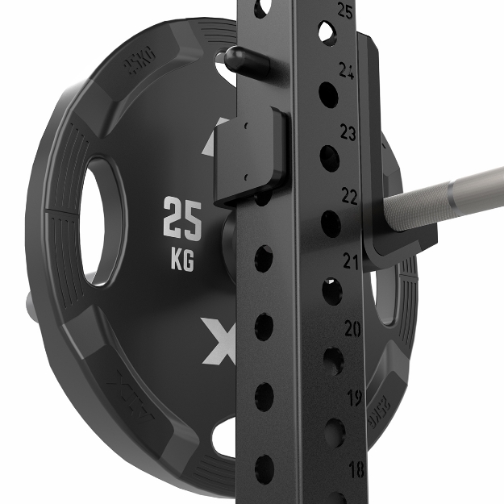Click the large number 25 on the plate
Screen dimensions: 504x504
(182, 218)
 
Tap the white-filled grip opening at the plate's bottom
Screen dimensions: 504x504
(224, 439)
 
